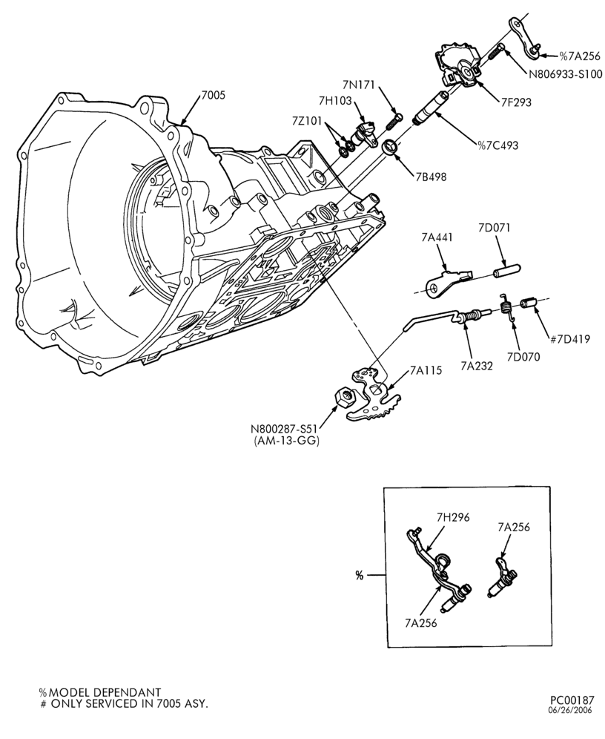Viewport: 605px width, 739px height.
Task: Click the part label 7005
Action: [214, 95]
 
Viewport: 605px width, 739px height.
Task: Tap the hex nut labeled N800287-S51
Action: [343, 398]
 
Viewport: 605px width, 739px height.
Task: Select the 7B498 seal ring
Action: [389, 147]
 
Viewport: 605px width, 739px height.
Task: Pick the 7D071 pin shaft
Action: [506, 272]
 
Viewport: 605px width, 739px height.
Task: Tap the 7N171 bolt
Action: [394, 122]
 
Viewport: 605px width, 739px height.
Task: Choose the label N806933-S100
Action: [565, 74]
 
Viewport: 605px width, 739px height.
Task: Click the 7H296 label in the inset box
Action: [454, 517]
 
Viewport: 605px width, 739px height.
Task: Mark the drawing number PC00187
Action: [572, 700]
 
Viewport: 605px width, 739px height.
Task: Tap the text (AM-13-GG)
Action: [286, 441]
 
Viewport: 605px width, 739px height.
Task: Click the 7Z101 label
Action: [307, 121]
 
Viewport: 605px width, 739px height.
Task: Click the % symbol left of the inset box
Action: [360, 576]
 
